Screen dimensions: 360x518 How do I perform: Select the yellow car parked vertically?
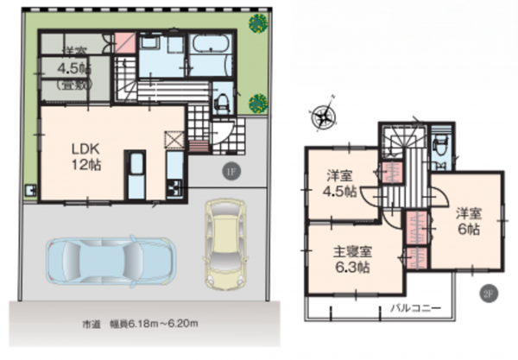point(224,243)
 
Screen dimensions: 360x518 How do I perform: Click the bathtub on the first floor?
point(209,47)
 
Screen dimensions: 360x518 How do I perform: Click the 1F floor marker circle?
point(231,170)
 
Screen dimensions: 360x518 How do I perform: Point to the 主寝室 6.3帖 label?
point(353,260)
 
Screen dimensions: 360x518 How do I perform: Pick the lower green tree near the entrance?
point(258,104)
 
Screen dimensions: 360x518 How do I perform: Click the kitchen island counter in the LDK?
point(136,175)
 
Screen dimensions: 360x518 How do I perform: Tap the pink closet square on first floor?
point(126,41)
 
